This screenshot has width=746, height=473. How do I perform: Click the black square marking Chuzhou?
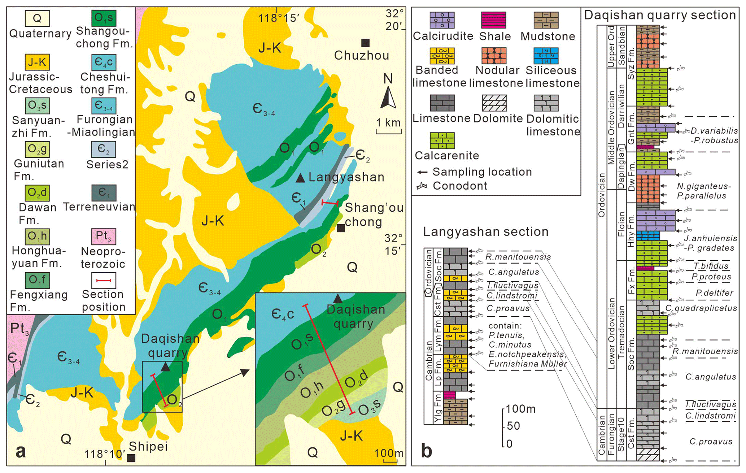point(365,43)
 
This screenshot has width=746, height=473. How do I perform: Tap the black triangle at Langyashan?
point(300,178)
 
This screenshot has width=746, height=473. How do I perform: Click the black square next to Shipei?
point(131,458)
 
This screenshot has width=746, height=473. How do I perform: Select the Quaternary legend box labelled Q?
point(37,18)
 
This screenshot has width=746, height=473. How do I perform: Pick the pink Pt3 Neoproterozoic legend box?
point(104,236)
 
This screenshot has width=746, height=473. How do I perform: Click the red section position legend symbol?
point(104,281)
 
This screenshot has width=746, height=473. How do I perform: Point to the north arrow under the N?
point(388,97)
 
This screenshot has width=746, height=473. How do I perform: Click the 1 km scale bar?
point(389,132)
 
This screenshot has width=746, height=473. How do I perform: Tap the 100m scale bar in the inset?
point(390,460)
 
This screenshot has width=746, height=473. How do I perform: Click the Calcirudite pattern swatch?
point(442,20)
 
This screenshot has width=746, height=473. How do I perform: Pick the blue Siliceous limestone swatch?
point(546,56)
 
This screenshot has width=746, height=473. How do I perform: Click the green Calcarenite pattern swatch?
point(442,140)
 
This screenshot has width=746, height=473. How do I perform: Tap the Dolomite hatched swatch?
point(494,103)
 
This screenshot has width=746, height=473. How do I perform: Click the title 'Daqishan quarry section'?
point(659,15)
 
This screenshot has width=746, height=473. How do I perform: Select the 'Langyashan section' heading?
point(485,232)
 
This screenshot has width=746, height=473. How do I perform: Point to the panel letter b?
point(427,451)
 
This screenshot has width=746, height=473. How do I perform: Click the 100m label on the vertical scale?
point(520,409)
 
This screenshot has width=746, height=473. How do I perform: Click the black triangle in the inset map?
point(337,299)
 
